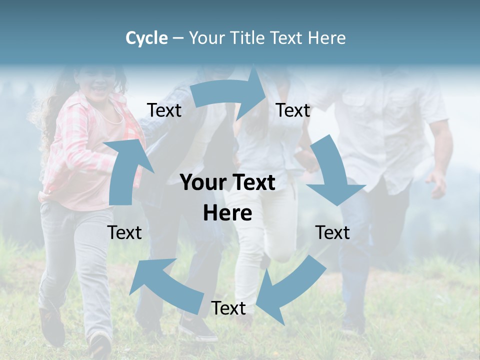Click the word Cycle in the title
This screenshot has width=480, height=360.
146,38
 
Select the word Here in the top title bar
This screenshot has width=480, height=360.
326,38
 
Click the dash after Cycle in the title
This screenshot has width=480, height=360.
178,38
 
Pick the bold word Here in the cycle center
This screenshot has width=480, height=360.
227,213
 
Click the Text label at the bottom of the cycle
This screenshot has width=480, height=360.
228,308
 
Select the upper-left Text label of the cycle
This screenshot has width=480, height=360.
164,110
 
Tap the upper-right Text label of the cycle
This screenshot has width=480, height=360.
293,110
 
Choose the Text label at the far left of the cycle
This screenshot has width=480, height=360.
124,232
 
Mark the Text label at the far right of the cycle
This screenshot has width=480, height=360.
332,232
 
